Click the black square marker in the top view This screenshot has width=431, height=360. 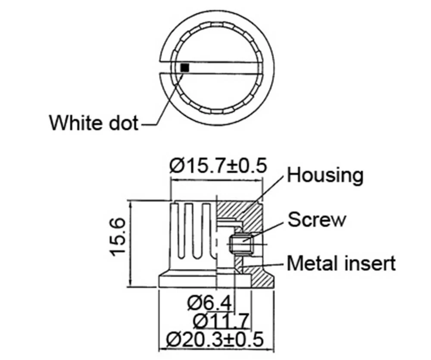185,68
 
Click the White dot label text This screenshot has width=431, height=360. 94,123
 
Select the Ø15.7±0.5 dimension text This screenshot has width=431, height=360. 218,166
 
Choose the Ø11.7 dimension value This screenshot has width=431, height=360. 221,321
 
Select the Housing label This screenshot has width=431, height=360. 325,175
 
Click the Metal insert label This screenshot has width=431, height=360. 341,263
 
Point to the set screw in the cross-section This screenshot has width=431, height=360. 240,245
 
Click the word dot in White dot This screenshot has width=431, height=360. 122,123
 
